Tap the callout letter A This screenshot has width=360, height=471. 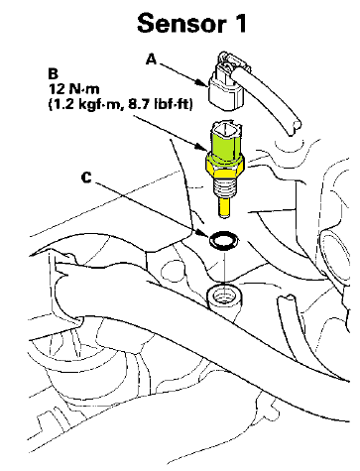[x=152, y=59]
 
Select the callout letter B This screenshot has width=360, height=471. [x=54, y=73]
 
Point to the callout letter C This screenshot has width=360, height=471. [x=86, y=177]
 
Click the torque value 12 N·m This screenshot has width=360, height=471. [x=74, y=89]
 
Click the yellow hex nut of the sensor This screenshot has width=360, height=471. [x=225, y=166]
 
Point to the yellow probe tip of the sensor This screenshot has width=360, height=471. [x=223, y=208]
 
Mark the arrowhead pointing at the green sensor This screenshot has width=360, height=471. [x=201, y=146]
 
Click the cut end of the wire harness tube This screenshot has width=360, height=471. [x=295, y=127]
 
